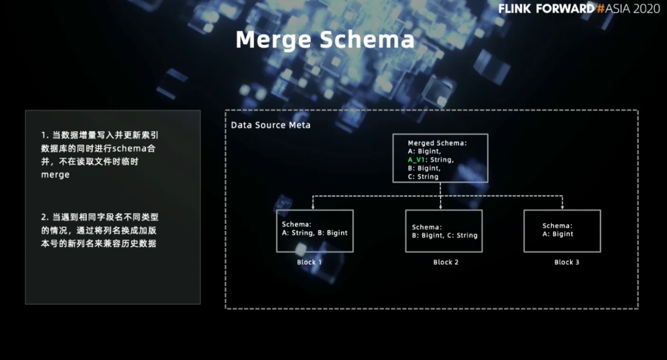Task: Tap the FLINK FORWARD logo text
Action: coord(546,9)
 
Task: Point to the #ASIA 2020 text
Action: coord(629,9)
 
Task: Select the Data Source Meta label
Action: coord(271,125)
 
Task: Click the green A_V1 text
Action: coord(417,160)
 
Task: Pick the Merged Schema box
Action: coord(440,158)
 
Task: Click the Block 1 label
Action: coord(309,262)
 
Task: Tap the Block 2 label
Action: coord(446,262)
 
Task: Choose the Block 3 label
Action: coord(566,262)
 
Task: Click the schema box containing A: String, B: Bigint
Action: coord(315,231)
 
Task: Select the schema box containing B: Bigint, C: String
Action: coord(444,231)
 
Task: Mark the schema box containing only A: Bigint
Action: coord(562,231)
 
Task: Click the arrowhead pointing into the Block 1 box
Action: coord(313,207)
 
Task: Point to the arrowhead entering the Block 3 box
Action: coord(562,207)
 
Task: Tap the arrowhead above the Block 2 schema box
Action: coord(441,207)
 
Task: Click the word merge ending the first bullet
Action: coord(55,175)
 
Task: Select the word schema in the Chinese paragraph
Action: coord(129,148)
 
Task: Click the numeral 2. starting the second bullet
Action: coord(45,217)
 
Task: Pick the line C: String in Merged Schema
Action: coord(423,177)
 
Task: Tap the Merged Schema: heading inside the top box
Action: coord(437,143)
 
